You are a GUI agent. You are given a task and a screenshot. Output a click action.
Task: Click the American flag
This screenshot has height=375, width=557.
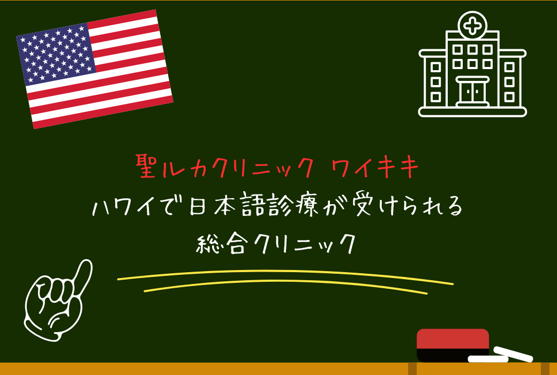pyautogui.click(x=95, y=69)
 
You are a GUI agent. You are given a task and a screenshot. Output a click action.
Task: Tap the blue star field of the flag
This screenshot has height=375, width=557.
pyautogui.click(x=56, y=54)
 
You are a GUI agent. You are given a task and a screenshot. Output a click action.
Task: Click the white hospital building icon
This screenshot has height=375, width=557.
pyautogui.click(x=472, y=67)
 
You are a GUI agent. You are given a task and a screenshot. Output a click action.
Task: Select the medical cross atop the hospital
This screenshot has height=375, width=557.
pyautogui.click(x=472, y=25)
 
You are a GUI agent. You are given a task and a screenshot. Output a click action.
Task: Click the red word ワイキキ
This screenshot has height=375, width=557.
pyautogui.click(x=375, y=168)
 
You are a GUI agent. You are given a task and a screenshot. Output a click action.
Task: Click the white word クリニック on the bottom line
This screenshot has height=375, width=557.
pyautogui.click(x=303, y=244)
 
